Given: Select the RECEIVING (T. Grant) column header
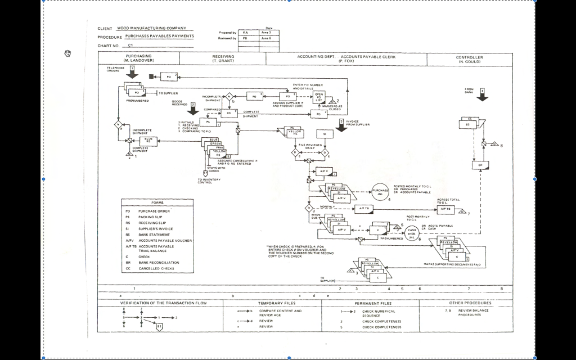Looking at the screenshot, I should [223, 58].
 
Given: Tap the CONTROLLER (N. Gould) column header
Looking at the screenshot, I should [469, 58].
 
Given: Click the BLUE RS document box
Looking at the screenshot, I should [148, 139].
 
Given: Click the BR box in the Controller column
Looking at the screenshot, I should [480, 165].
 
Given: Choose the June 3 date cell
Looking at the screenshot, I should [266, 33].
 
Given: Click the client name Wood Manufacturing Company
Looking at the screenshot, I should [151, 28].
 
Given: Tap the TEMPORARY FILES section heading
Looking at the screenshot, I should [273, 303].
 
